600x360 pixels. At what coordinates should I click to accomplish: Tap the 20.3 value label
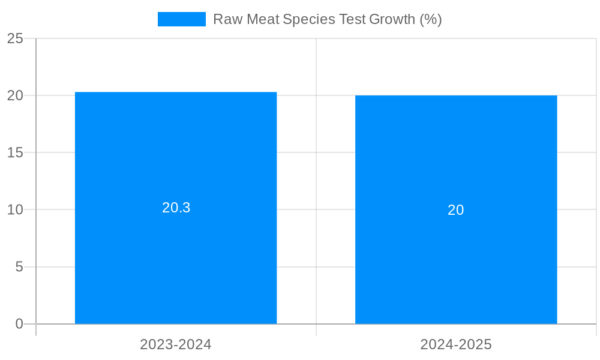[x=176, y=208]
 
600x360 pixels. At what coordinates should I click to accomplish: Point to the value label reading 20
[x=456, y=210]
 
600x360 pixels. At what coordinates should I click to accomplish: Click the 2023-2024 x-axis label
[x=176, y=344]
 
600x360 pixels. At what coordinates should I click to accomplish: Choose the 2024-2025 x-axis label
[x=456, y=344]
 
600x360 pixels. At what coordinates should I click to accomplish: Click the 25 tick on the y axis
[x=16, y=38]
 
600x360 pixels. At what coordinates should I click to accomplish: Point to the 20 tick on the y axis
[x=16, y=95]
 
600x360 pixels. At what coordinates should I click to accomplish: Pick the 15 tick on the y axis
[x=16, y=152]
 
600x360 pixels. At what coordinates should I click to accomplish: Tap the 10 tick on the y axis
[x=16, y=209]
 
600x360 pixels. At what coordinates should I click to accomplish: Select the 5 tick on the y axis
[x=19, y=266]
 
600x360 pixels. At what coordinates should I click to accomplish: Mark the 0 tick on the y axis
[x=19, y=324]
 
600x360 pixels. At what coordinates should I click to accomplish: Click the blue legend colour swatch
[x=181, y=19]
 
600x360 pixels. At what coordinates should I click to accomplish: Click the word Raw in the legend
[x=227, y=19]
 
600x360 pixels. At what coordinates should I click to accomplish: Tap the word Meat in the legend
[x=262, y=19]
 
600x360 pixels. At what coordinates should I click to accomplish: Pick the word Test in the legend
[x=352, y=19]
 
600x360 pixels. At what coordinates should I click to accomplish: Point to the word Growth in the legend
[x=392, y=19]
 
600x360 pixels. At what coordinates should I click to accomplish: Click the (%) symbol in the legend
[x=431, y=19]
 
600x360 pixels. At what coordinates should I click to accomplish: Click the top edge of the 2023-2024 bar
[x=176, y=92]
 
